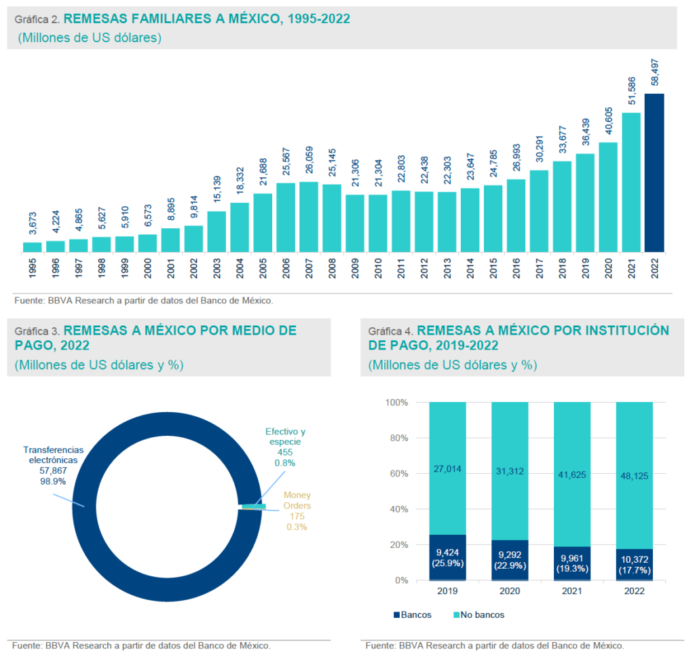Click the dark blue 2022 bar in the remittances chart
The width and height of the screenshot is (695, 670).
click(x=654, y=173)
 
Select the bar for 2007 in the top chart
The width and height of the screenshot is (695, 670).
click(x=309, y=217)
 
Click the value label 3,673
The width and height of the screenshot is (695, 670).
click(x=33, y=224)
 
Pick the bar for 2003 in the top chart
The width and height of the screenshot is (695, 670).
click(x=217, y=232)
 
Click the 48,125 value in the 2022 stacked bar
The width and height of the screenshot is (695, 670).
click(x=634, y=476)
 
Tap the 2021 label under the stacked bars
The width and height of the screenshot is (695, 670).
click(x=571, y=591)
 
